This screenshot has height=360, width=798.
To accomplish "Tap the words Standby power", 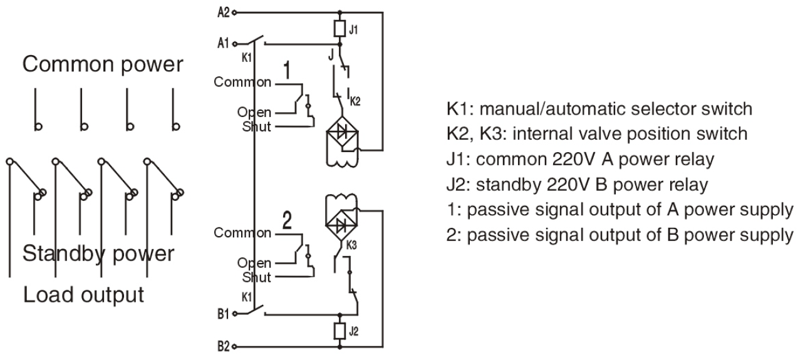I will coord(98,254).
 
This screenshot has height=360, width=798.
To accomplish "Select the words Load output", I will coord(83,294).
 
